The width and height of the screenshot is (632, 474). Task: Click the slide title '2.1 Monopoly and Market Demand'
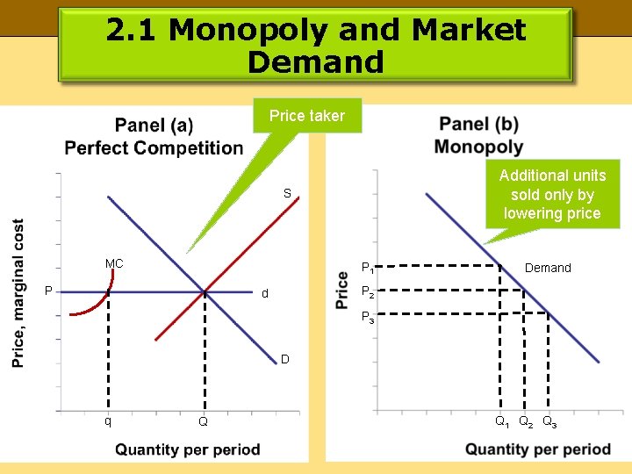[x=316, y=46]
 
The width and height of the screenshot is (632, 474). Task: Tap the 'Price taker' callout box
[x=307, y=116]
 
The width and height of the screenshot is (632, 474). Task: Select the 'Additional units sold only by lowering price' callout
[x=552, y=194]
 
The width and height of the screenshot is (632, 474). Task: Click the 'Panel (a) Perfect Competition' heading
[x=154, y=137]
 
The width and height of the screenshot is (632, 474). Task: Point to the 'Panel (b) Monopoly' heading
[x=478, y=135]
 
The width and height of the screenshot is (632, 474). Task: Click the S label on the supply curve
[x=287, y=193]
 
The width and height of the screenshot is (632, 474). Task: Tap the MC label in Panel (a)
[x=114, y=263]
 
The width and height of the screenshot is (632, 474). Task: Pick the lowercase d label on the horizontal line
[x=265, y=293]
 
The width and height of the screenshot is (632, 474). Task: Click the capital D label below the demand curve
[x=285, y=358]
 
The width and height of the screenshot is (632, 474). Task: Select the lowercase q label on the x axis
[x=108, y=420]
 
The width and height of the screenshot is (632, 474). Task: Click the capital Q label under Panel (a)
[x=203, y=422]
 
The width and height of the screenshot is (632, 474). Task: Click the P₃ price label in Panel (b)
[x=368, y=318]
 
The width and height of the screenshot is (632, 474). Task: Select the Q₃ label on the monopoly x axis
[x=549, y=422]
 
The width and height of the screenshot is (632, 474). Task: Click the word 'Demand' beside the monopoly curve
[x=548, y=268]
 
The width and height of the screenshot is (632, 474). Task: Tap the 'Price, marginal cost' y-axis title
[x=18, y=292]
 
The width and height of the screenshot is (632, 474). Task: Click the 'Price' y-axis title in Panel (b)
[x=343, y=291]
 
